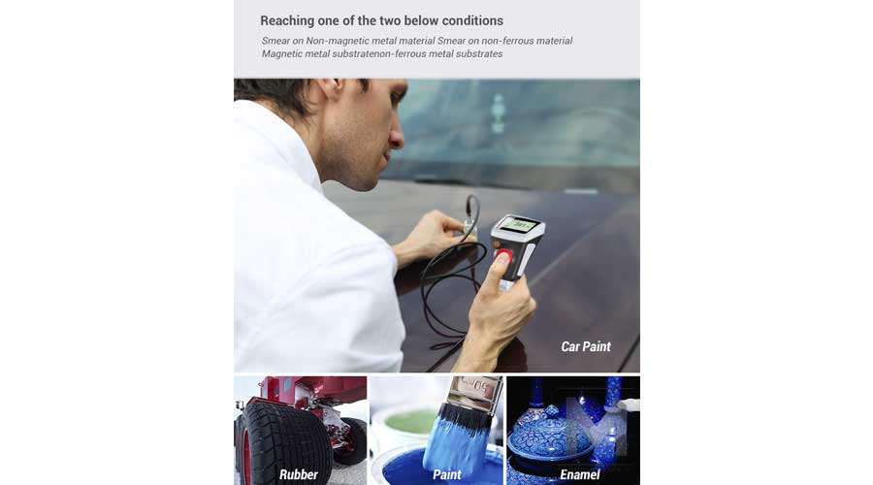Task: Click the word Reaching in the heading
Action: [287, 21]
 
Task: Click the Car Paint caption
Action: [586, 347]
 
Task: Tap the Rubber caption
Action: [299, 474]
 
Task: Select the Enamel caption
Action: [580, 474]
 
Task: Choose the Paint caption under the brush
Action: [446, 474]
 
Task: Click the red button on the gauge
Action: [503, 255]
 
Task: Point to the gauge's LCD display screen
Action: [518, 225]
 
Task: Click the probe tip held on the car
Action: [470, 228]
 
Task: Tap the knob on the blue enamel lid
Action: [551, 411]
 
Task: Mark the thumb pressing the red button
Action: [498, 270]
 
